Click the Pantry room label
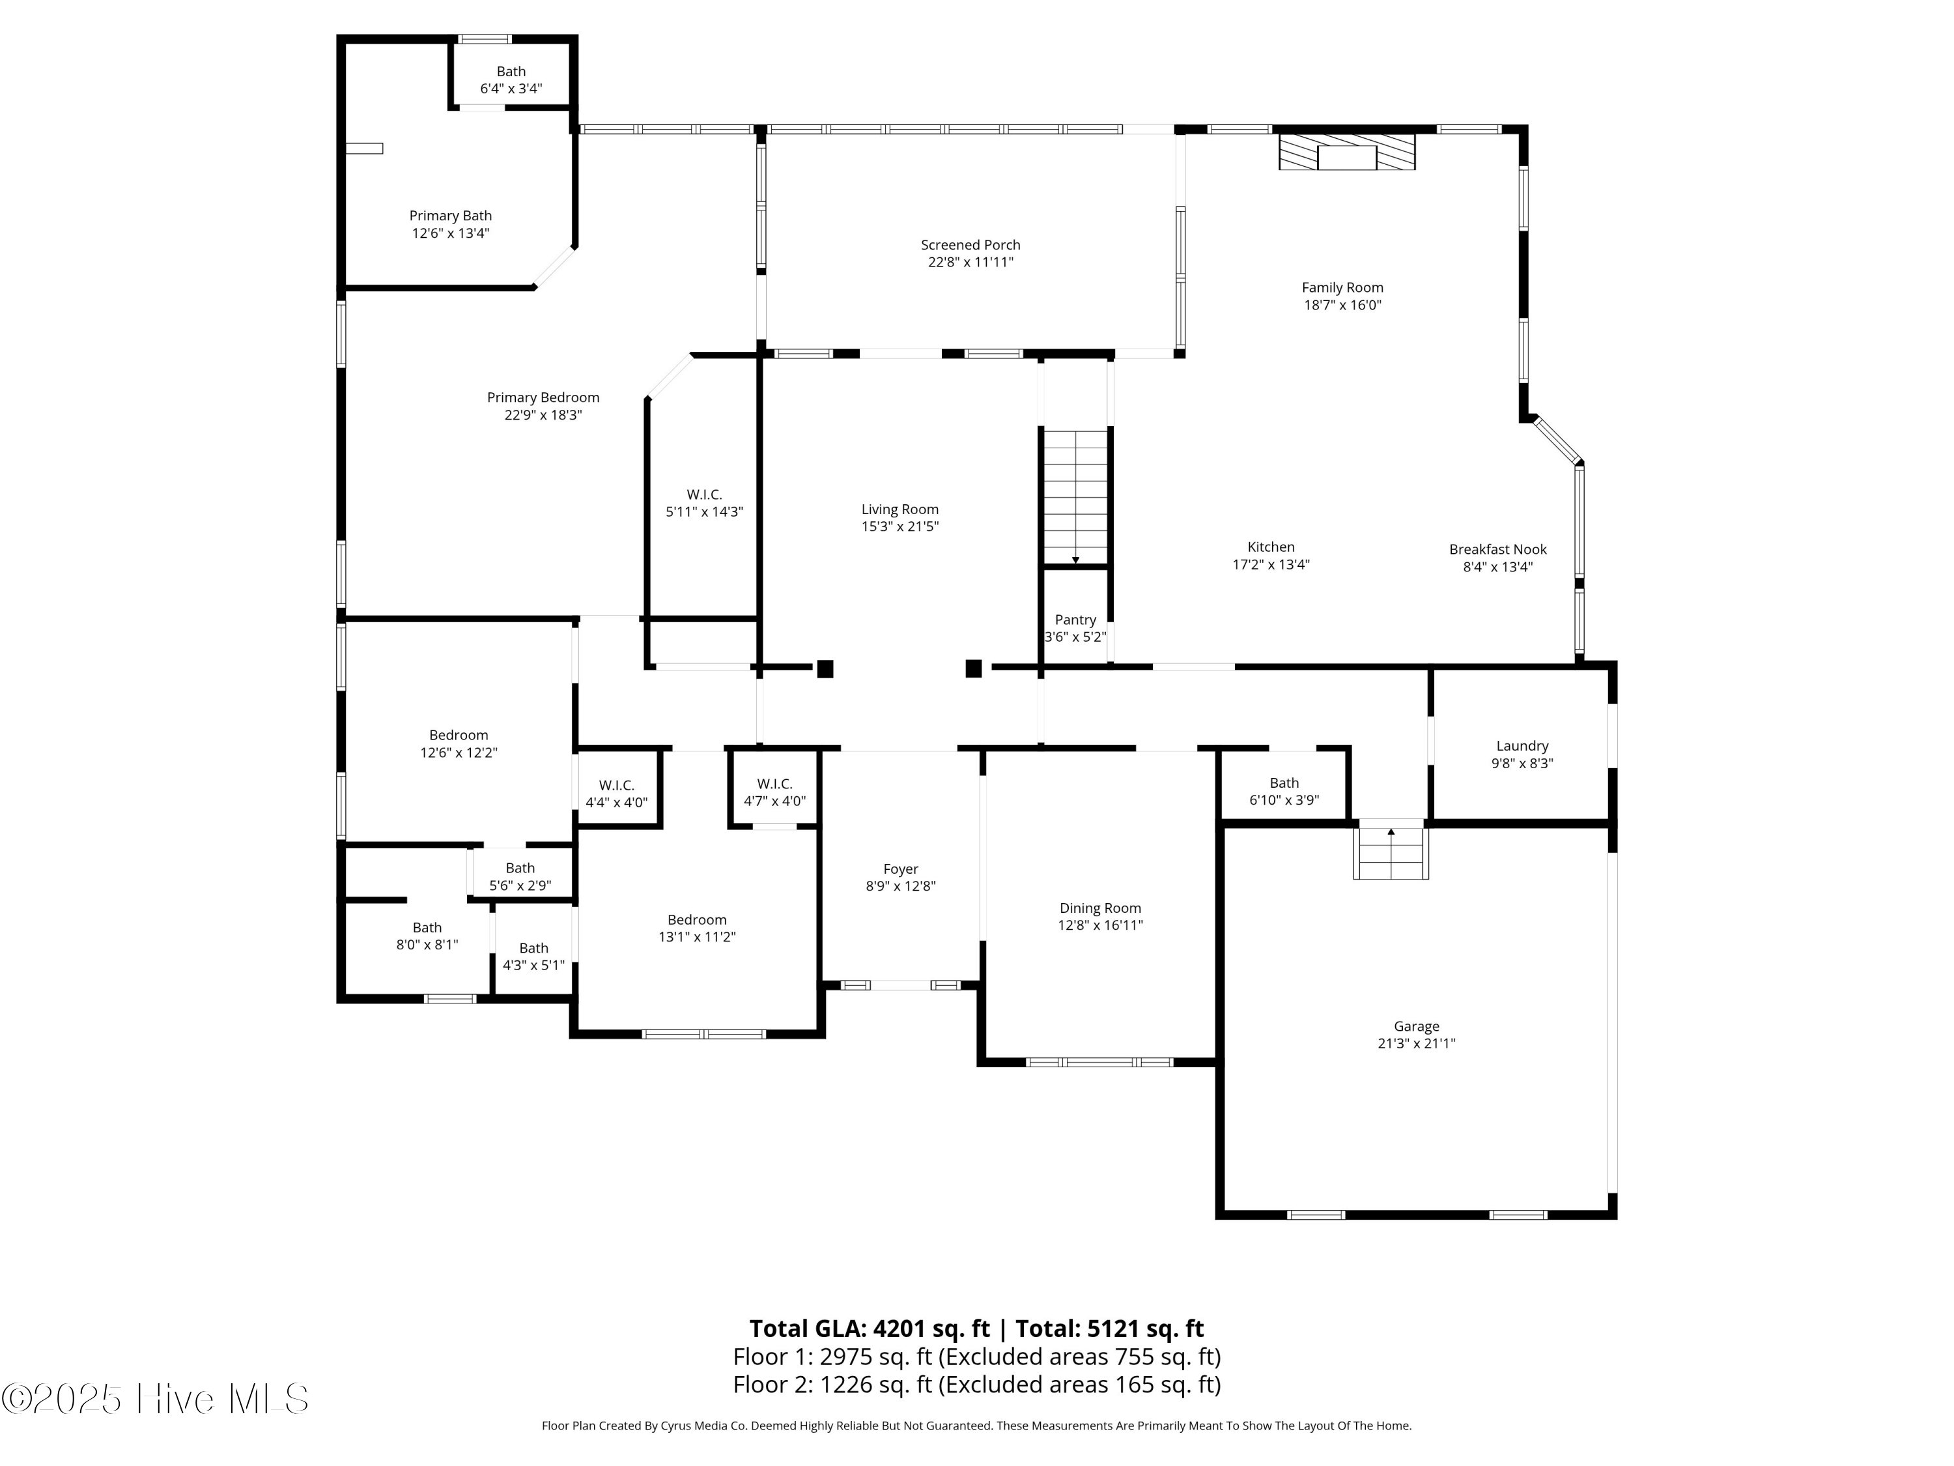pyautogui.click(x=1075, y=620)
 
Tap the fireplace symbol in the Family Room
pyautogui.click(x=1347, y=151)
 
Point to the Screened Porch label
pyautogui.click(x=970, y=245)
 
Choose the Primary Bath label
pyautogui.click(x=451, y=216)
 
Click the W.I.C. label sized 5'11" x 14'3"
pyautogui.click(x=704, y=495)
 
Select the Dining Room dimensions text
pyautogui.click(x=1100, y=925)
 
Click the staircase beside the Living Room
pyautogui.click(x=1075, y=496)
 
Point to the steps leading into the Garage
pyautogui.click(x=1391, y=853)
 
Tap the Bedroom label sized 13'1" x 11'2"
pyautogui.click(x=697, y=920)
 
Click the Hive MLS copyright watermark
pyautogui.click(x=156, y=1399)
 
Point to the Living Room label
pyautogui.click(x=899, y=509)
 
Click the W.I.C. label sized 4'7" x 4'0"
pyautogui.click(x=774, y=784)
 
